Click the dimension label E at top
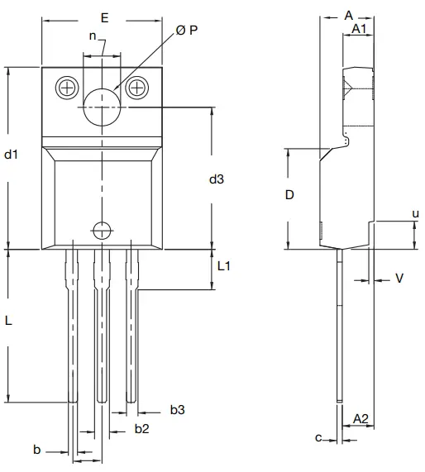tap(103, 17)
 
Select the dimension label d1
tap(11, 155)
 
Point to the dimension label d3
tap(217, 179)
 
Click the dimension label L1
tap(224, 267)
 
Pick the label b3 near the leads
tap(177, 409)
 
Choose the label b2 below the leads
tap(142, 428)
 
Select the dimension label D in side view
tap(289, 195)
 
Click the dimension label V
tap(399, 279)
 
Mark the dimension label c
tap(318, 437)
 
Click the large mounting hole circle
tap(102, 105)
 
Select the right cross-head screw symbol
tap(137, 85)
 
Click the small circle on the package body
tap(102, 229)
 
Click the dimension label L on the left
tap(8, 322)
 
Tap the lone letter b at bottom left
tap(36, 450)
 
